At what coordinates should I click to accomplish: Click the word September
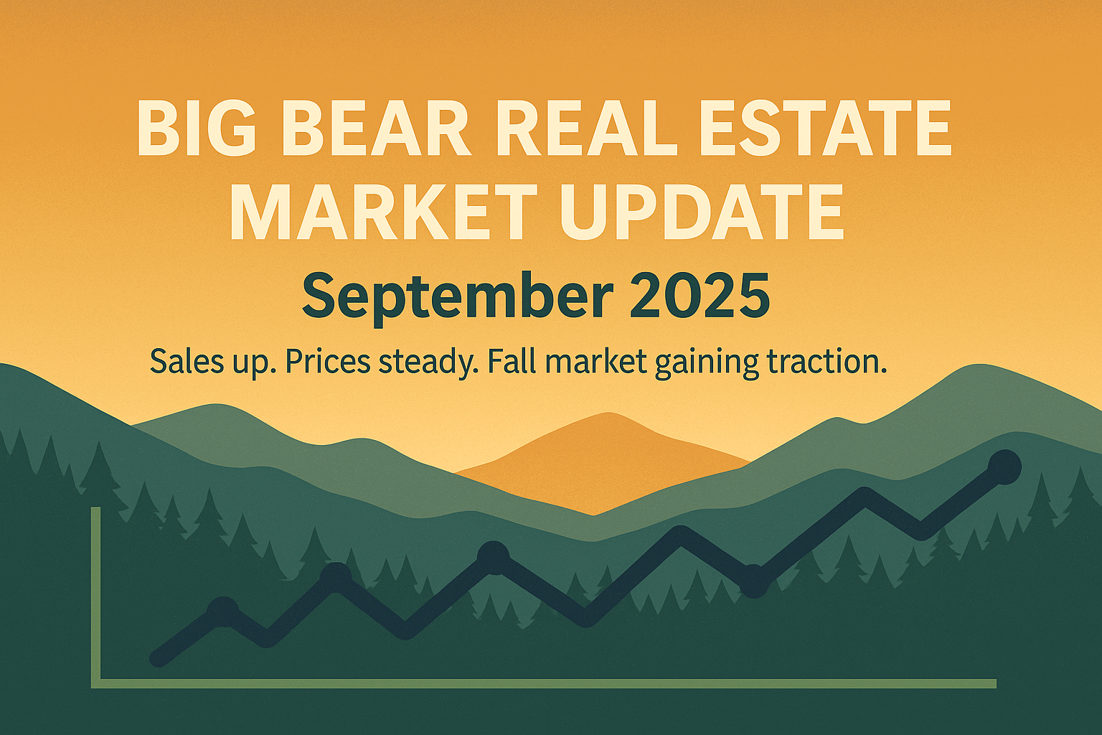pyautogui.click(x=458, y=296)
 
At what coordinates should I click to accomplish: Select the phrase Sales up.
pyautogui.click(x=214, y=362)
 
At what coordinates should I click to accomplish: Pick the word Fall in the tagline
pyautogui.click(x=512, y=362)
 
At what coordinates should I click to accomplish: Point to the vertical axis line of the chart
pyautogui.click(x=95, y=596)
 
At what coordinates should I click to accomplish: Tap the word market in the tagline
pyautogui.click(x=595, y=362)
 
